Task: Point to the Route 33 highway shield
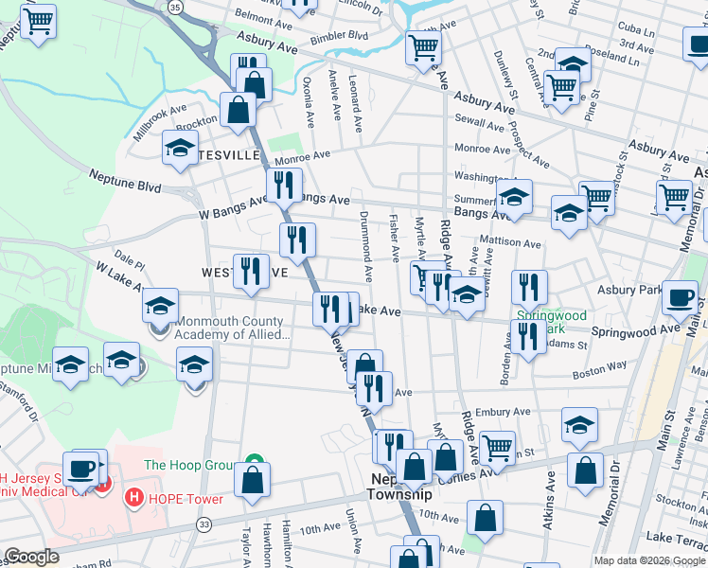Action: [204, 524]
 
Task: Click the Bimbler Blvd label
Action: [344, 35]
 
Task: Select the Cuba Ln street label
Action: [636, 30]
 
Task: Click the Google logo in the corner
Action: [31, 557]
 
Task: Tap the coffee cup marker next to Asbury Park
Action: [680, 298]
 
